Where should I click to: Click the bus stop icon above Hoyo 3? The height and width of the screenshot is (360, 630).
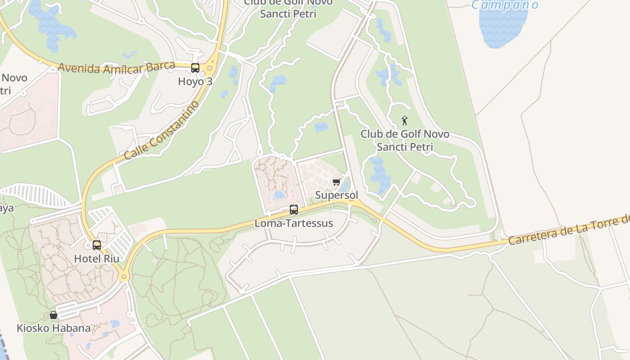tap(195, 68)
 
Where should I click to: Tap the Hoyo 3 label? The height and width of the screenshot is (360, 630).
tap(195, 81)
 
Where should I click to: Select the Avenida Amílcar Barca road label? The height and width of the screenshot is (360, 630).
tap(116, 68)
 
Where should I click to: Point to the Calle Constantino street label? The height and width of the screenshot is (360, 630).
tap(162, 131)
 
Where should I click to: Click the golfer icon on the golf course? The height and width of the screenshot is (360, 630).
tap(405, 121)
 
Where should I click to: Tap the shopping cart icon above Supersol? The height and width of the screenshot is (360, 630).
tap(336, 182)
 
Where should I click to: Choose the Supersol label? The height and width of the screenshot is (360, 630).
tap(337, 195)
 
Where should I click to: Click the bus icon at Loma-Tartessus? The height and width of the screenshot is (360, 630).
tap(294, 209)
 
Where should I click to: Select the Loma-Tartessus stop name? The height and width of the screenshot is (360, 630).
tap(294, 223)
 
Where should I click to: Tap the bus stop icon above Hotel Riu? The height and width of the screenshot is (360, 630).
tap(97, 245)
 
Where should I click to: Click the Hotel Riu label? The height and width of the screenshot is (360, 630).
tap(97, 259)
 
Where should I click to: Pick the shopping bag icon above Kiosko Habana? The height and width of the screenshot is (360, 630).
tap(54, 315)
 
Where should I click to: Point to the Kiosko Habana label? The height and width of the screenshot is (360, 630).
tap(54, 328)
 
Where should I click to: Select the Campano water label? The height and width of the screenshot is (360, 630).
tap(504, 5)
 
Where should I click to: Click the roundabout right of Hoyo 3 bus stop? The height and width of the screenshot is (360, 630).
tap(210, 68)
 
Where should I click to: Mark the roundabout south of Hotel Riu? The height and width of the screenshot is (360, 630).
tap(124, 276)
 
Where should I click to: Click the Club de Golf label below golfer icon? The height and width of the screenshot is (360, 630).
tap(405, 140)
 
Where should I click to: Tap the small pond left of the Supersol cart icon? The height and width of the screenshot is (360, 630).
tap(279, 195)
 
